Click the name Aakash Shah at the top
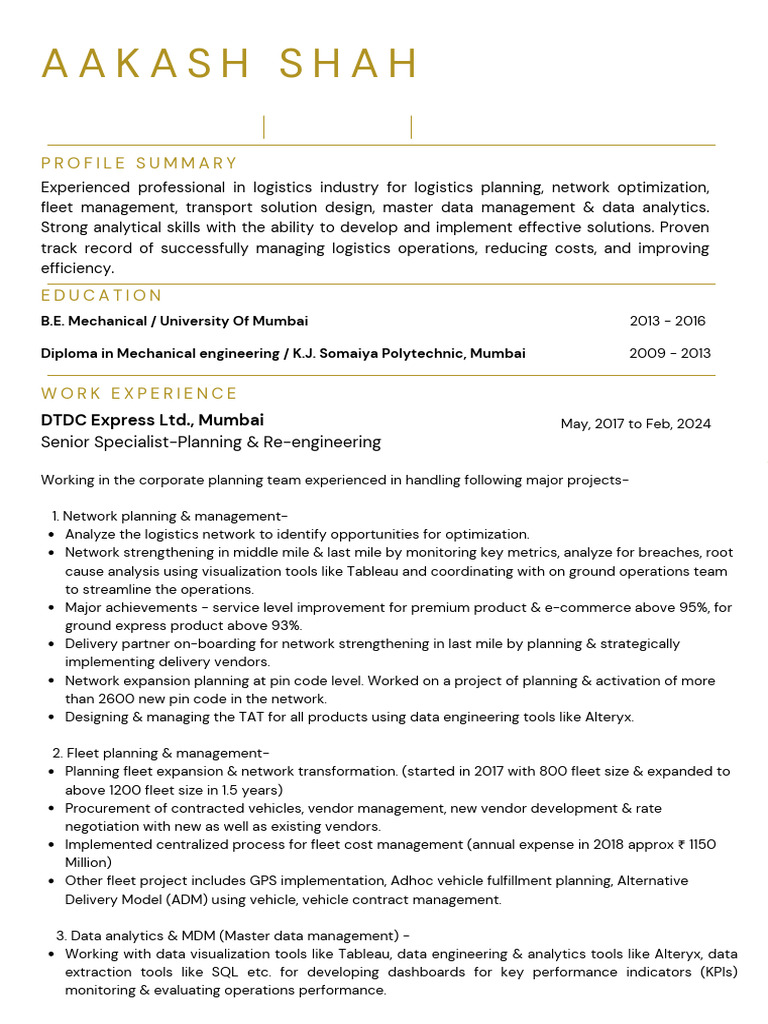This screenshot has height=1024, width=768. pos(230,63)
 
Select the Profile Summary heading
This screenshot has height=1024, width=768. pos(139,163)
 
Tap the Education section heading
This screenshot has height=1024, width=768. pos(101,295)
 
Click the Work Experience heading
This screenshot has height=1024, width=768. pos(139,393)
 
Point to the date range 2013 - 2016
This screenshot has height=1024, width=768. pos(667,321)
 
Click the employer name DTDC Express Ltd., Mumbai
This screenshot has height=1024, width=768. pos(152,420)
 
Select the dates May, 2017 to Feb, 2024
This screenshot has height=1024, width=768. pos(635,423)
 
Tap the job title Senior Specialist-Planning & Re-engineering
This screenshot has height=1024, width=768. pos(211,442)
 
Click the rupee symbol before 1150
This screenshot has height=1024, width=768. pos(681,845)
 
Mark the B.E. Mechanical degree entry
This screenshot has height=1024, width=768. pos(174,321)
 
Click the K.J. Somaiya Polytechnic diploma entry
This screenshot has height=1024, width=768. pos(283,353)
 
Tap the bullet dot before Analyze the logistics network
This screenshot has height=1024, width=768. pos(51,535)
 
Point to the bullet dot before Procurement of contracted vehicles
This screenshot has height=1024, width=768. pos(51,809)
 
